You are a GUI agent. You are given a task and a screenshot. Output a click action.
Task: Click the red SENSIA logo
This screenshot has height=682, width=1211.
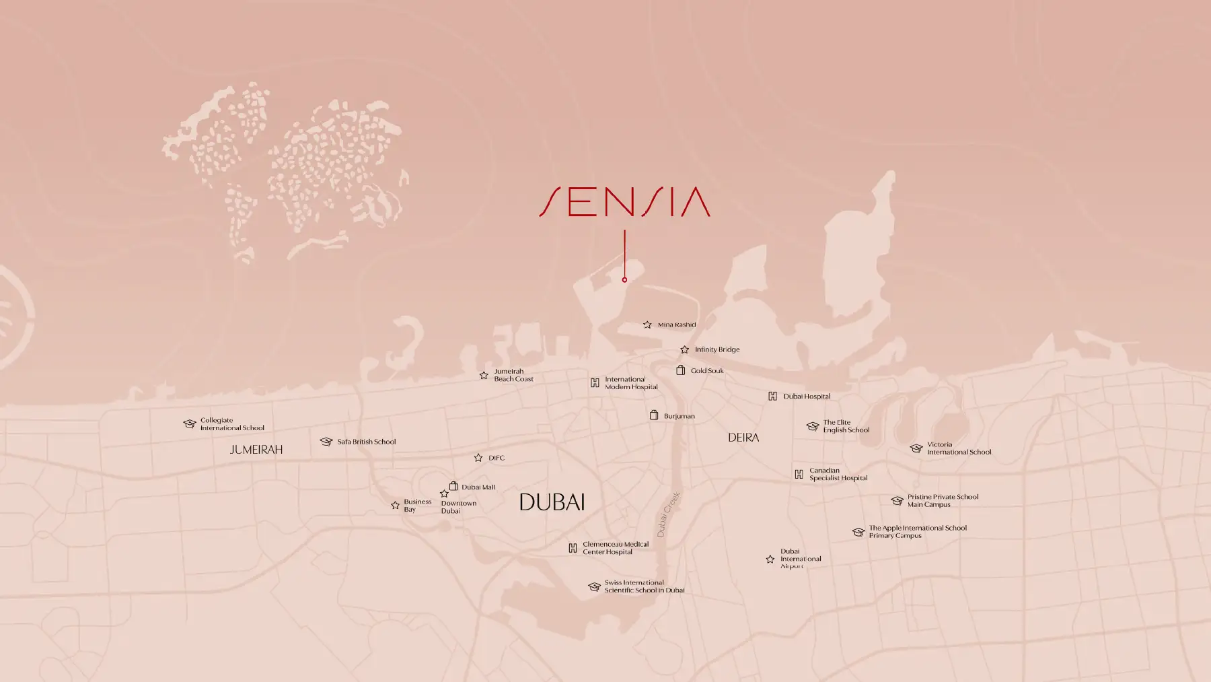(x=624, y=202)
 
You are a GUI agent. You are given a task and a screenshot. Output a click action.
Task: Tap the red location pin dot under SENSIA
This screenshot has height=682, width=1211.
(x=624, y=279)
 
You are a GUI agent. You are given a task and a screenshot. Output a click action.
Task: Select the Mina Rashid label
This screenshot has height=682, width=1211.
(x=677, y=325)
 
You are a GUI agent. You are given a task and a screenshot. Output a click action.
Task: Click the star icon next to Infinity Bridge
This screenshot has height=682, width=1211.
(x=684, y=349)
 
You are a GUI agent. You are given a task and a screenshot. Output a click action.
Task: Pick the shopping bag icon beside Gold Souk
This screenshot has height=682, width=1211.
(x=680, y=370)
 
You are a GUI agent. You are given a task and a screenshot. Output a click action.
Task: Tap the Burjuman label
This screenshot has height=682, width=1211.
(x=679, y=416)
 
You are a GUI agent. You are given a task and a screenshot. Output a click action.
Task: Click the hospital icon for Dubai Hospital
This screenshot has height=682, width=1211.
(x=772, y=396)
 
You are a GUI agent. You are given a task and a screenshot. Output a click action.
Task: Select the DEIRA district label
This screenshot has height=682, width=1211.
(x=743, y=438)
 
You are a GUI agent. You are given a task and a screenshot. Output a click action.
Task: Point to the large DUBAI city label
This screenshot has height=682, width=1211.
(x=552, y=502)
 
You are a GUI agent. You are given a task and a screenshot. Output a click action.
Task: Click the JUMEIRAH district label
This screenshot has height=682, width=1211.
(x=256, y=449)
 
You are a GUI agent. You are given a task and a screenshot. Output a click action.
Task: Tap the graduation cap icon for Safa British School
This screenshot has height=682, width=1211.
(x=326, y=442)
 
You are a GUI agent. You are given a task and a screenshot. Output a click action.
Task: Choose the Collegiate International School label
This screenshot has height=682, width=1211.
(x=232, y=424)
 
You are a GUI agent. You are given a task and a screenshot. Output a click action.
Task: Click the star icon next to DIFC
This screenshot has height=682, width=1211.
(x=478, y=458)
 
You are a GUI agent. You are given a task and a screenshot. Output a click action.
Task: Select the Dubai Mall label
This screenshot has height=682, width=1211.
(x=478, y=487)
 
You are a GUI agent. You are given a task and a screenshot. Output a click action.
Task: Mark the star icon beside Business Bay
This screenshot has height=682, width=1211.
(x=395, y=505)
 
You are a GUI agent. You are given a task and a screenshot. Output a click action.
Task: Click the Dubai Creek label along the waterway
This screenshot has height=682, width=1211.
(x=669, y=514)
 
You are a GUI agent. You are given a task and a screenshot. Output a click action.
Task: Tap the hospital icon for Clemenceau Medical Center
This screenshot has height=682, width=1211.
(x=573, y=548)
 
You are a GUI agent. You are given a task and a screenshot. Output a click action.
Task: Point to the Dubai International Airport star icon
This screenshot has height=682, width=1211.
(x=770, y=559)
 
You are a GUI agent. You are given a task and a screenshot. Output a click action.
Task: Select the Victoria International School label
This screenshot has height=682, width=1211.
(x=959, y=448)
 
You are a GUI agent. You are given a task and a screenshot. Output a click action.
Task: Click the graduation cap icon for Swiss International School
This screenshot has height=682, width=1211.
(x=594, y=586)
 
